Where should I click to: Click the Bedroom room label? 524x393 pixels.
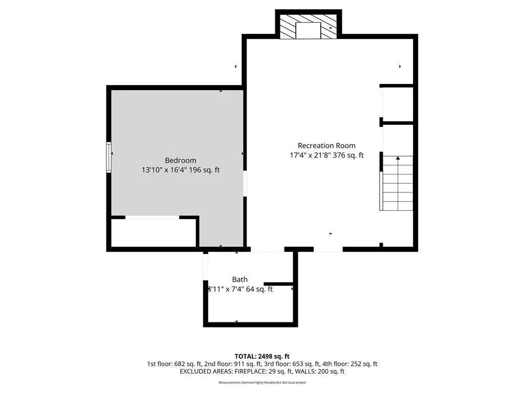pos(181,160)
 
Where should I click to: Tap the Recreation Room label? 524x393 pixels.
pos(326,146)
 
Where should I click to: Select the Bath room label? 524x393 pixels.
pos(240,279)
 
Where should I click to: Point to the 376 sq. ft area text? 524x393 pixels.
pos(348,155)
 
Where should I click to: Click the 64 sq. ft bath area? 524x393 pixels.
pos(259,289)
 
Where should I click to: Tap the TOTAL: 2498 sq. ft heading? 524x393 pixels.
pos(262,356)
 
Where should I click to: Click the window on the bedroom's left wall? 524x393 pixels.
pos(108,157)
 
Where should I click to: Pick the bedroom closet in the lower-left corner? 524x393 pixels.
pos(154,233)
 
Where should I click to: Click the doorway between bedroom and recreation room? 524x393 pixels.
pos(245,184)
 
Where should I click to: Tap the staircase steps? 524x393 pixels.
pos(397,183)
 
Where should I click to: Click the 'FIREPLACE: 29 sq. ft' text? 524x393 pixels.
pos(264,372)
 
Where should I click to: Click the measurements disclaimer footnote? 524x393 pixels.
pos(262,383)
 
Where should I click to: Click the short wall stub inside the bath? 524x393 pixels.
pos(278,284)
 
